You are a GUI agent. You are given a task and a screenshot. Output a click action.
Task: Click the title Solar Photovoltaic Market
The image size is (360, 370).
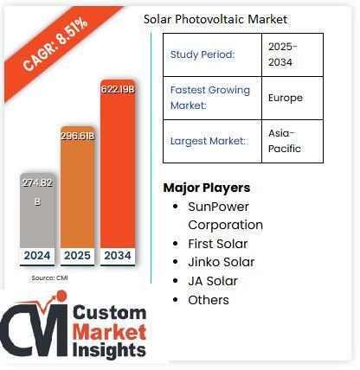(x=215, y=19)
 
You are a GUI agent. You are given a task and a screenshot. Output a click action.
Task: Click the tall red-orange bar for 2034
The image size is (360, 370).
(x=118, y=173)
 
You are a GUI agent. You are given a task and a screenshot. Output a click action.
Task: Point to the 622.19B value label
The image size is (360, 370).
(x=118, y=91)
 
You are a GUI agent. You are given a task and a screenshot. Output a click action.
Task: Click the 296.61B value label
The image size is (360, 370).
(x=78, y=136)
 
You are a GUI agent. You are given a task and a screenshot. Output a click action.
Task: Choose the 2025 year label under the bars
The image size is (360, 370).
(x=78, y=256)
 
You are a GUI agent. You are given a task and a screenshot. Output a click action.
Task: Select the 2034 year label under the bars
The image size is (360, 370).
(x=118, y=256)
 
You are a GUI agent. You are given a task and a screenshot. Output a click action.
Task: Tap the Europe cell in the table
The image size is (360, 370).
(x=286, y=98)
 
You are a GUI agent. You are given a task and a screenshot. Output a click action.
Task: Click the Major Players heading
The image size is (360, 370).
(x=207, y=188)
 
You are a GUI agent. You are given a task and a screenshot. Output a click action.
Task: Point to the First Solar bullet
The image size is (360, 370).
(x=218, y=244)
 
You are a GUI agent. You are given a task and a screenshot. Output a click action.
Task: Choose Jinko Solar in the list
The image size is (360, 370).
(x=220, y=262)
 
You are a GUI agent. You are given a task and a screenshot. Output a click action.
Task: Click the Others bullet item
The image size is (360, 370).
(x=209, y=300)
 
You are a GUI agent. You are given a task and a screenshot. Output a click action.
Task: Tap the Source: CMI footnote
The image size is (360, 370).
(x=49, y=277)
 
